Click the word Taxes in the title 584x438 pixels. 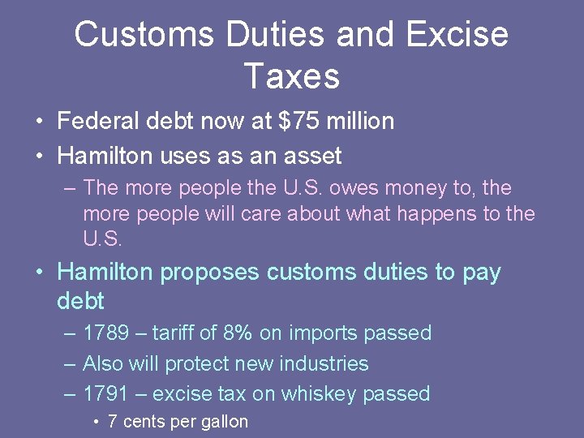coord(291,76)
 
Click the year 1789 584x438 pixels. coord(105,333)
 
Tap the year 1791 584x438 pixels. coord(105,394)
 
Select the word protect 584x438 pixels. coord(198,363)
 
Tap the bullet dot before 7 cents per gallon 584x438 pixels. coord(97,422)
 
